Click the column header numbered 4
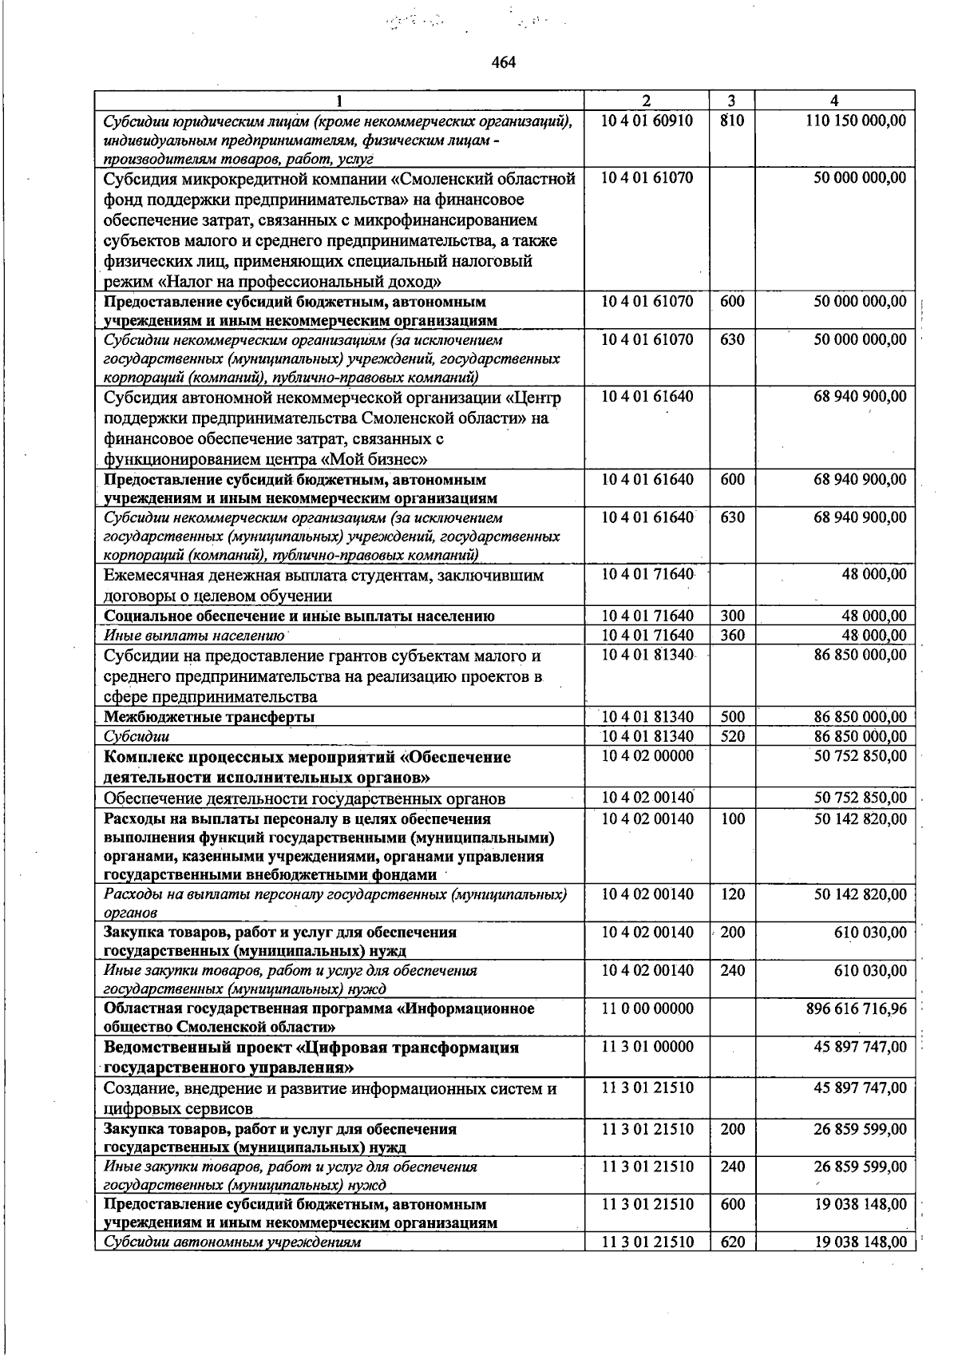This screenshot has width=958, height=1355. click(834, 101)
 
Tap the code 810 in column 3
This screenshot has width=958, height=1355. click(731, 121)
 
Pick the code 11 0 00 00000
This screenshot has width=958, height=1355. click(647, 1008)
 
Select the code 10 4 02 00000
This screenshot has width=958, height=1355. click(647, 755)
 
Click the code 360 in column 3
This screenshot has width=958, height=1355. click(731, 636)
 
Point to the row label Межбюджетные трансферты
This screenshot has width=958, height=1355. click(209, 717)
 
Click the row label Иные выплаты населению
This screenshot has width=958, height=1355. click(195, 636)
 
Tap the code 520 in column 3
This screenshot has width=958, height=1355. click(731, 736)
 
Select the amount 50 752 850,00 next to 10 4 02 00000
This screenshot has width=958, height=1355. click(861, 755)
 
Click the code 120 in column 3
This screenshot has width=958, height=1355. click(731, 894)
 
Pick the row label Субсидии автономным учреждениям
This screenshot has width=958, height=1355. click(232, 1265)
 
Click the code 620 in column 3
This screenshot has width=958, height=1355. click(731, 1265)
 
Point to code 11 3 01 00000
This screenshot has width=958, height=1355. click(647, 1047)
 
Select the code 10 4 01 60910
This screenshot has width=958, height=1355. click(647, 121)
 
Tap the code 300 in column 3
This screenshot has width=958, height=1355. click(731, 616)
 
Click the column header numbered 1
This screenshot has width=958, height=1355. click(339, 101)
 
